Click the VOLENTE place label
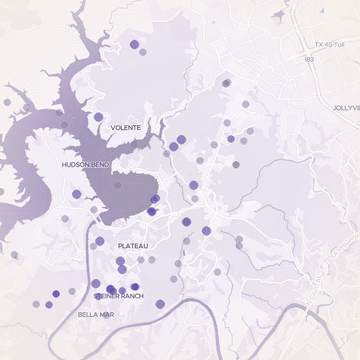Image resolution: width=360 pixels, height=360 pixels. click(x=125, y=128)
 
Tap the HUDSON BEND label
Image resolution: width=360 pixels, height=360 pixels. click(x=85, y=165)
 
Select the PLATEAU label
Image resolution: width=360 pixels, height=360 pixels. click(x=133, y=246)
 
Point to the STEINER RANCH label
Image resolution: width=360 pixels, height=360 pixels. click(x=118, y=296)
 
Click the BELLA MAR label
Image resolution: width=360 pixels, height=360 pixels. click(x=96, y=314)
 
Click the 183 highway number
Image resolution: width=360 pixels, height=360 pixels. click(x=309, y=59)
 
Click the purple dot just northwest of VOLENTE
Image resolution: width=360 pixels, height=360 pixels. click(x=98, y=117)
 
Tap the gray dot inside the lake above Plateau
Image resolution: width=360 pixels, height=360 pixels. click(x=117, y=185)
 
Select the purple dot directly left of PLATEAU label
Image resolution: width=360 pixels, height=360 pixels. click(x=100, y=241)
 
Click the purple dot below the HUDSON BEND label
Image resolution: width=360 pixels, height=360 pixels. click(x=76, y=194)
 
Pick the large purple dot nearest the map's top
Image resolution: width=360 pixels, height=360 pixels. click(x=134, y=44)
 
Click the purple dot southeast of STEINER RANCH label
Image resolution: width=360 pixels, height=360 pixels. click(x=160, y=304)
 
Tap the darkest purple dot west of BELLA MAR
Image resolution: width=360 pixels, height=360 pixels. click(x=56, y=294)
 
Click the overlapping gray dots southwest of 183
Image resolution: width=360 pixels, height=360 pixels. click(x=226, y=83)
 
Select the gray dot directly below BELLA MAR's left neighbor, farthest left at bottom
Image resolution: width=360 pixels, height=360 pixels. click(x=36, y=304)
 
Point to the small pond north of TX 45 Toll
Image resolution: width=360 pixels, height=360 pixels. click(x=279, y=14)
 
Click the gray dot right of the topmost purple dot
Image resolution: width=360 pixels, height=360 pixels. click(x=143, y=52)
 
